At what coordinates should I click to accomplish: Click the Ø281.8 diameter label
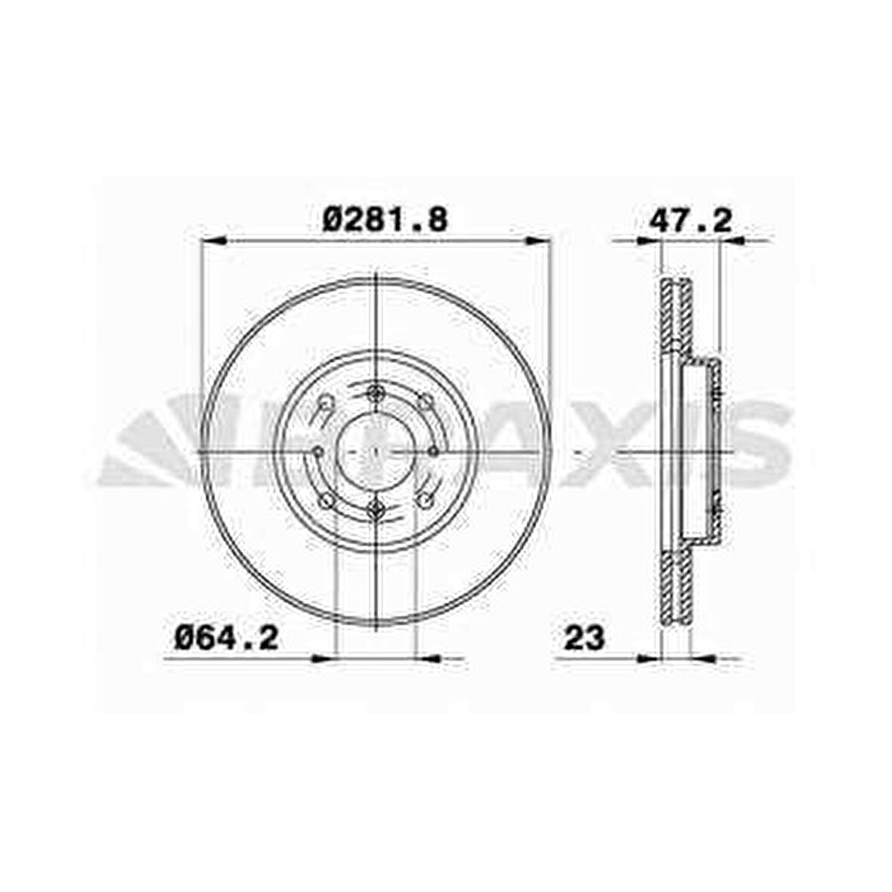(385, 220)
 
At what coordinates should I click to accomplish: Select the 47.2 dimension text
(691, 220)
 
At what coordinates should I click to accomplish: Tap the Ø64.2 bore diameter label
(227, 638)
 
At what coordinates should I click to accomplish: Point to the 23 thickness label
(584, 638)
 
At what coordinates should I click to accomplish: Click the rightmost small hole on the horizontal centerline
(434, 452)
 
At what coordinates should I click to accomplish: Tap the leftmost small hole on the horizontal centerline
(318, 452)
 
